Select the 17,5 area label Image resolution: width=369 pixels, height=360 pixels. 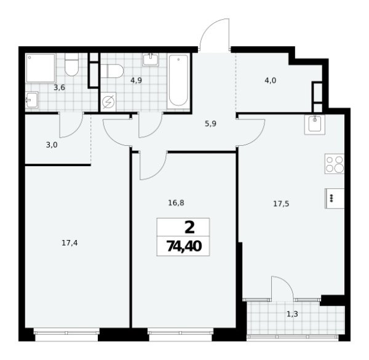coord(281,204)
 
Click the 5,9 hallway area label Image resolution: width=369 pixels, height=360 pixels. coord(211,122)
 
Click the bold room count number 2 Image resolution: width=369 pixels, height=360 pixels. coord(189,226)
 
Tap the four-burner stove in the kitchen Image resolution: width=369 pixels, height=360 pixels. coord(335,164)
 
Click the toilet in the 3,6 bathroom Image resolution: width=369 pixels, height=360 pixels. coord(71,66)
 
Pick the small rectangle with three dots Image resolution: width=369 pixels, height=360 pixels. coord(331,198)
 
